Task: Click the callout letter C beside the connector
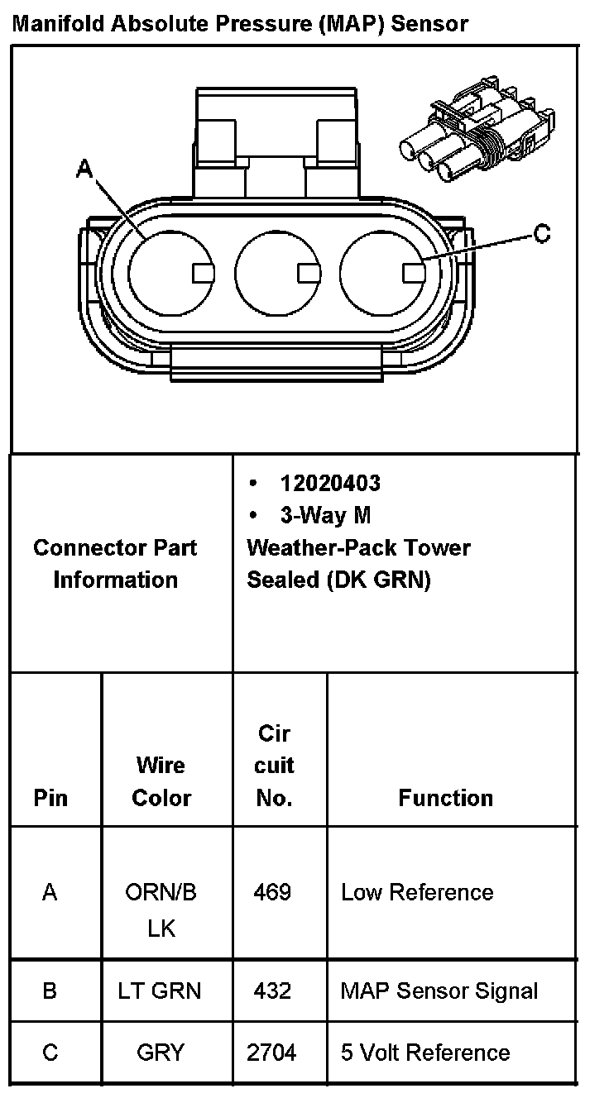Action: pos(541,234)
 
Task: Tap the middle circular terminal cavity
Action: pos(276,271)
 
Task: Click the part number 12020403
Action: pos(330,483)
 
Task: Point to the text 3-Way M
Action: pos(325,516)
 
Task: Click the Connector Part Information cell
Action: pos(116,563)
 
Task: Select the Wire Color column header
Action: pos(161,781)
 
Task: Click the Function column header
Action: pos(445,798)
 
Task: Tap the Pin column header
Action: pos(50,798)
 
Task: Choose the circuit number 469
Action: pos(273,892)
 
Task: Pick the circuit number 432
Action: pos(272,991)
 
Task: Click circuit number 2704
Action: pos(271,1053)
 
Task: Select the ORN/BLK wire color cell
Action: pos(161,909)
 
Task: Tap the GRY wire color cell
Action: pos(161,1053)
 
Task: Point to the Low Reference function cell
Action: pos(417,892)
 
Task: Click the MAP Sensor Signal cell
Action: pos(439,991)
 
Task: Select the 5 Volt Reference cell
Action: pos(425,1053)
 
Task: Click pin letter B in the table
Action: pos(50,991)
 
